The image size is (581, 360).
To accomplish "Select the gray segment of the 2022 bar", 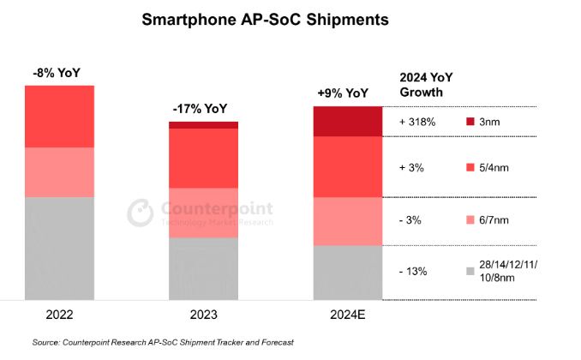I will coord(59,249).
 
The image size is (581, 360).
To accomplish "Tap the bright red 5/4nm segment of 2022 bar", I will coord(59,117).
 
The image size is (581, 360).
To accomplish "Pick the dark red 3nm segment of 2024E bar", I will coord(347,122).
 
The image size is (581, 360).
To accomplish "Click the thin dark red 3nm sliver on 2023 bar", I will coord(203,125).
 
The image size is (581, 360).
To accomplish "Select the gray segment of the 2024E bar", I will coord(347,273).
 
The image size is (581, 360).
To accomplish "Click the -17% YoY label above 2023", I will coord(203,109).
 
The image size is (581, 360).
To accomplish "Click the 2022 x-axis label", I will coord(59,314).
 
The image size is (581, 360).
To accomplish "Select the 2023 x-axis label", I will coord(203,314).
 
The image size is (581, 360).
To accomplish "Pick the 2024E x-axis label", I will coord(346,314).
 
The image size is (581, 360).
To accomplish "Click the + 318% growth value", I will coord(418,123).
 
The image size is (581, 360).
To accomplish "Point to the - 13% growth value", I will coord(415,271).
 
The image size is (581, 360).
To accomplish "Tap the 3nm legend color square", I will coord(470,123).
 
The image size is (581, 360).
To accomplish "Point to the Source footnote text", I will coord(163,343).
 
